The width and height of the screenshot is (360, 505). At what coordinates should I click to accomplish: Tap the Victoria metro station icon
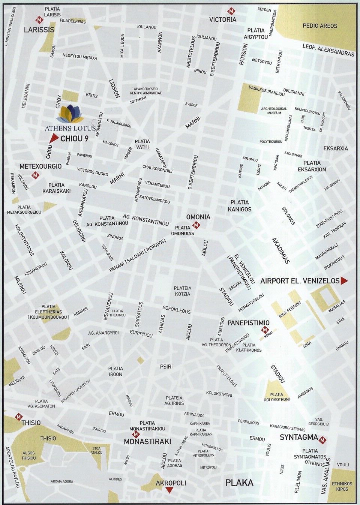tap(231, 11)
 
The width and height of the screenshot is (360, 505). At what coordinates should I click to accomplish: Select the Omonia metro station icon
tap(196, 225)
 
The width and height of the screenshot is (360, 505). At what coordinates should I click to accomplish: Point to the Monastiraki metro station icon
tap(136, 434)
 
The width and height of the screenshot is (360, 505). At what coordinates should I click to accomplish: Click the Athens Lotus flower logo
tap(71, 113)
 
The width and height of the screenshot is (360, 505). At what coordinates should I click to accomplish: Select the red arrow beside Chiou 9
tap(52, 139)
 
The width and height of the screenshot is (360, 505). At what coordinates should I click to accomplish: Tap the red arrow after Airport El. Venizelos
tap(344, 281)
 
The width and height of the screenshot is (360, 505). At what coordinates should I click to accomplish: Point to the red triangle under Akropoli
tap(169, 490)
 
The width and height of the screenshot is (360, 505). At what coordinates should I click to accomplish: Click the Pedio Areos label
tap(320, 26)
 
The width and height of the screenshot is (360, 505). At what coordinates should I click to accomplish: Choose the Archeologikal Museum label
tap(274, 111)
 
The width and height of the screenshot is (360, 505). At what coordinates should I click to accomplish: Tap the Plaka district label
tap(239, 483)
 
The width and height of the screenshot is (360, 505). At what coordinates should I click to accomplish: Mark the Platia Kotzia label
tap(183, 291)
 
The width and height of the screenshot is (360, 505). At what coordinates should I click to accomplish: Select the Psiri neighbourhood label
tap(166, 366)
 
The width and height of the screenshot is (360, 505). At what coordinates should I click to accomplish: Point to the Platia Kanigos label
tap(240, 206)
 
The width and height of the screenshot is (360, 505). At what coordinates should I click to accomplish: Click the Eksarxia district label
tap(336, 148)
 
